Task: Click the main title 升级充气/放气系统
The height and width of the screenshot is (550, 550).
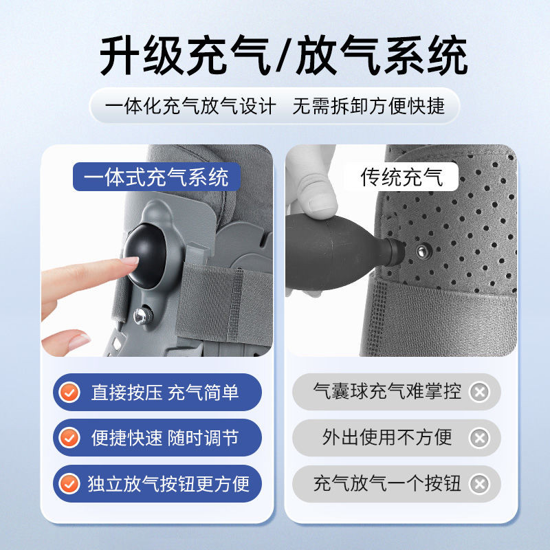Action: coord(283,55)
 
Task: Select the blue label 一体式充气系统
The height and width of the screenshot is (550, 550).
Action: coord(157,177)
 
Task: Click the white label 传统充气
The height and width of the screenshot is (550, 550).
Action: coord(401,177)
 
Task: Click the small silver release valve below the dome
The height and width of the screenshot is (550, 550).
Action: coord(142,316)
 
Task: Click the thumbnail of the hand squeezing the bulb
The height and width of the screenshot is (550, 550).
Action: coord(322,203)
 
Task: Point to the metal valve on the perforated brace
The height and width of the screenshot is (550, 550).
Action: coord(423,251)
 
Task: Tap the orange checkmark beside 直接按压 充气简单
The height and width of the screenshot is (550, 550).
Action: coord(69,392)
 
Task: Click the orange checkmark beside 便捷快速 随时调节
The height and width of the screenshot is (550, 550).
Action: coord(69,438)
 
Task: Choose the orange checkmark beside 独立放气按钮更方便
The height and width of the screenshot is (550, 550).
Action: coord(69,484)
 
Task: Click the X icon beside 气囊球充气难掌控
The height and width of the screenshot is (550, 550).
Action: coord(479,392)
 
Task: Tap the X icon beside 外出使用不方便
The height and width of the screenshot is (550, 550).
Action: coord(479,438)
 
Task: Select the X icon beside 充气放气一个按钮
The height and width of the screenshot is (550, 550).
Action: coord(479,484)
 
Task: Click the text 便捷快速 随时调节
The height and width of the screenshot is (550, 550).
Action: coord(165,438)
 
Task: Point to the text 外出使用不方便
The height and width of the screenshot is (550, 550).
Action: coord(387,437)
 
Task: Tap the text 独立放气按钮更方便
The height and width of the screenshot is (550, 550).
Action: coord(168,484)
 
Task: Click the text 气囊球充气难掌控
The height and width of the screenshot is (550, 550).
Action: coord(387,391)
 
